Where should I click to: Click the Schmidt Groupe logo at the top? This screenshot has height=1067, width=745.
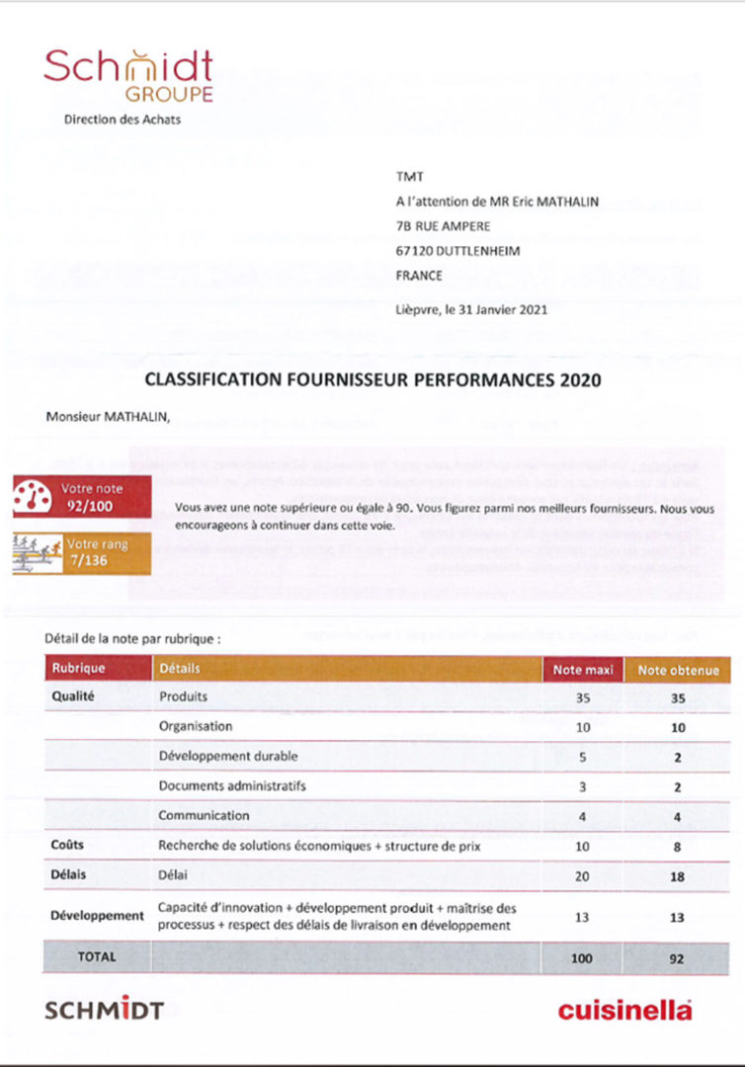click(128, 75)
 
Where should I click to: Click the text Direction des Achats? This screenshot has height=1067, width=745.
click(123, 120)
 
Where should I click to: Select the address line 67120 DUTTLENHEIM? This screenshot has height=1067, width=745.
click(456, 250)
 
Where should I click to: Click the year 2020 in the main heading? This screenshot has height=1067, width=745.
click(580, 378)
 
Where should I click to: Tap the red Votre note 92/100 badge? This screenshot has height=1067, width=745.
click(83, 496)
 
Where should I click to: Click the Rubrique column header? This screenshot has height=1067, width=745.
click(78, 669)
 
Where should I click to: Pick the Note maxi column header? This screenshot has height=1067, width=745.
click(582, 670)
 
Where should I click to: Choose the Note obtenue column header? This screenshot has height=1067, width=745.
click(677, 670)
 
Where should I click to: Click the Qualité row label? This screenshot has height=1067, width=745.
click(72, 697)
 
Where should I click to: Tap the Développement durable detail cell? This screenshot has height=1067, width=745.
click(227, 757)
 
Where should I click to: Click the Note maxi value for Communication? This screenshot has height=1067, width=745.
click(582, 817)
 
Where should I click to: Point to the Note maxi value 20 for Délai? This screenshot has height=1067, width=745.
click(582, 876)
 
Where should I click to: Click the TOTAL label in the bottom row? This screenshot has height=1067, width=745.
click(97, 956)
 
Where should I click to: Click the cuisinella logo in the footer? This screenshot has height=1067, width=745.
click(624, 1010)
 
